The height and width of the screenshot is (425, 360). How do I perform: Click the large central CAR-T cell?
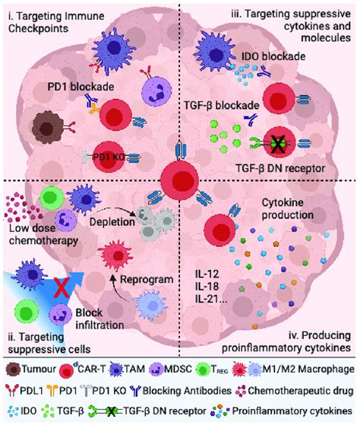[180, 184]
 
